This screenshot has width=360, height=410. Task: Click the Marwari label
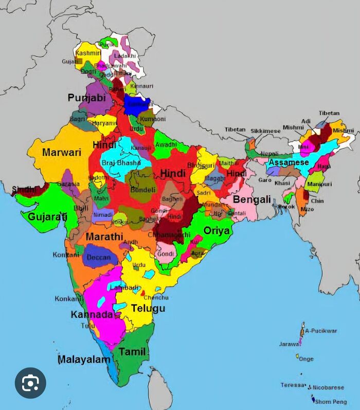[62, 152]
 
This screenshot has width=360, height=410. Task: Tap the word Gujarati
[47, 216]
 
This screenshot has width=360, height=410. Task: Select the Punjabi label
[86, 98]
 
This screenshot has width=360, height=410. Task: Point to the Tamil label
[132, 352]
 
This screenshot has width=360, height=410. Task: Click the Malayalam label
[84, 360]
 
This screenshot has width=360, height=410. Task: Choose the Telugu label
[148, 308]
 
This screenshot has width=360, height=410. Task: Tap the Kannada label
[92, 314]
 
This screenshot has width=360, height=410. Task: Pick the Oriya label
[217, 231]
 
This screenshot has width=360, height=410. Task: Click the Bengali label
[252, 199]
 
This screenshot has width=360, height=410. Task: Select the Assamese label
[289, 162]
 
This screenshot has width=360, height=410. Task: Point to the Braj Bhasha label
[121, 163]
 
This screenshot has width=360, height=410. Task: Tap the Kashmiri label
[88, 53]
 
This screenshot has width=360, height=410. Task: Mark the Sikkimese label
[265, 131]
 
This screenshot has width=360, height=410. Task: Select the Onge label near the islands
[306, 359]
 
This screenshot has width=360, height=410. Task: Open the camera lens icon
[30, 383]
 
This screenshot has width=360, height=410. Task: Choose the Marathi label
[104, 237]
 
